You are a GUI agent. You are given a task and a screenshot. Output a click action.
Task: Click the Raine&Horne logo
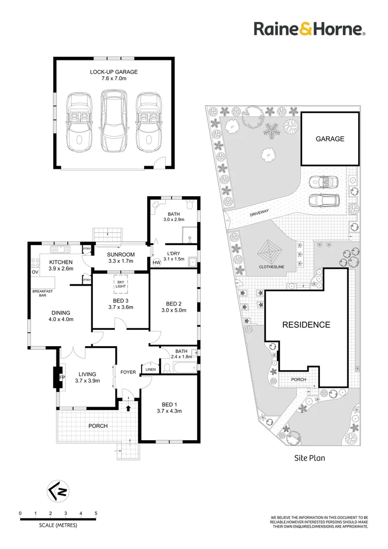310,28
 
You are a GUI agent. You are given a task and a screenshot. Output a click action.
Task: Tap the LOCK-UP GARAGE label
114,72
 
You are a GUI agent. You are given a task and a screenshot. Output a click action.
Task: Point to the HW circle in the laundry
156,263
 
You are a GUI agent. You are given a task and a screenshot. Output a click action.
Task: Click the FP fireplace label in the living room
62,377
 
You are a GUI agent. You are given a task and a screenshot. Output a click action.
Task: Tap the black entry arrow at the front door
128,408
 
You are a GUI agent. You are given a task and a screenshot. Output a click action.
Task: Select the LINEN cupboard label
150,370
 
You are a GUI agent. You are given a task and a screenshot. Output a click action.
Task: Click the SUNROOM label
121,255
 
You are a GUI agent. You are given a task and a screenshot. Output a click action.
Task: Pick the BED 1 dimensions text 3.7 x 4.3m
169,411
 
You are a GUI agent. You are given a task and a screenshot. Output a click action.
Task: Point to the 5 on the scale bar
96,513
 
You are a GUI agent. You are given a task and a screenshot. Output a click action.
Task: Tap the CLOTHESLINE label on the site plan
272,267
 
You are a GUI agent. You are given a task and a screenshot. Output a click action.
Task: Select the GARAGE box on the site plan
330,139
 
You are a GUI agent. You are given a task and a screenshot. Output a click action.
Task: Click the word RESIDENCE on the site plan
306,325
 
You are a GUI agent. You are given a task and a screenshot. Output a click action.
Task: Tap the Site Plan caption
310,458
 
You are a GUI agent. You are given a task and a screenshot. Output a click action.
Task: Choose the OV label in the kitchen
35,272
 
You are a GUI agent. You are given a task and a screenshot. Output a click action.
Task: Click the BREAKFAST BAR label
42,293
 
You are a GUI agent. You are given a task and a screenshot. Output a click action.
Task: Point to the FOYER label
128,372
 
